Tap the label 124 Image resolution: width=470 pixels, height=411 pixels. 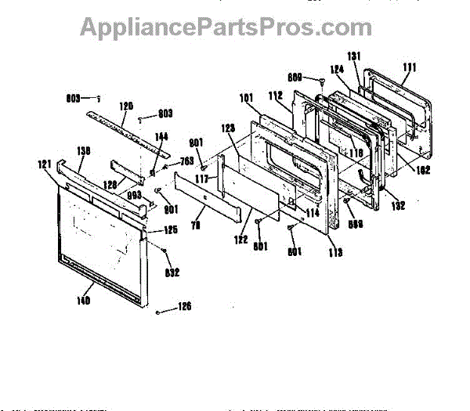pos(337,70)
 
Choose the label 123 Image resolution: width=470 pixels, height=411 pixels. pos(228,128)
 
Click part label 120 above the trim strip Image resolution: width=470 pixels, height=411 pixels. pos(126,105)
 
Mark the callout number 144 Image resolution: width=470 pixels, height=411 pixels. pos(161,136)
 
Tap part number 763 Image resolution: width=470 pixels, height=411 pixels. pos(186,161)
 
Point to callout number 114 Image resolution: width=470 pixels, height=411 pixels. pos(312,212)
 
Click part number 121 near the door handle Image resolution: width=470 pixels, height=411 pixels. pos(44,164)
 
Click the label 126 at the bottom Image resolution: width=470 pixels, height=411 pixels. pos(185,306)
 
